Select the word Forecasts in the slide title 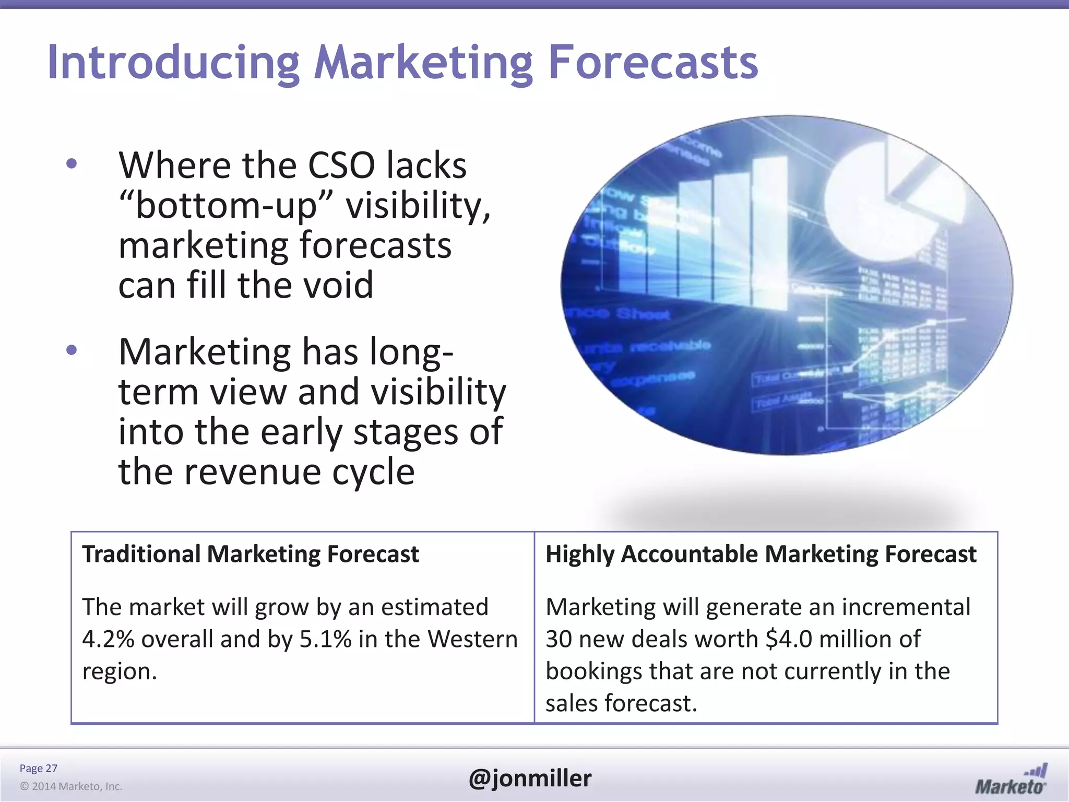[652, 63]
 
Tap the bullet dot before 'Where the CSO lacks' [72, 164]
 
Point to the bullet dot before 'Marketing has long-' [72, 350]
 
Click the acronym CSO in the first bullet [341, 166]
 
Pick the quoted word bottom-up [225, 206]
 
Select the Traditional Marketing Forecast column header [251, 554]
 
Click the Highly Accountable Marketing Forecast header [761, 554]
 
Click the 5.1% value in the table [325, 640]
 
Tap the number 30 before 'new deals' [559, 640]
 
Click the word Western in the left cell [472, 640]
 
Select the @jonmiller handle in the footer [530, 779]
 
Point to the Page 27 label [38, 768]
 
